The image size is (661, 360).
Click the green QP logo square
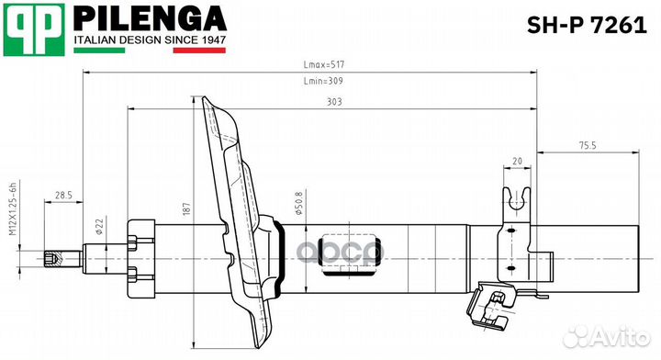click(34, 29)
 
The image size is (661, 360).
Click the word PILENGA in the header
click(150, 19)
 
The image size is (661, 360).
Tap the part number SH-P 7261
click(587, 26)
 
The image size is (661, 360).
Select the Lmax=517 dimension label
click(324, 64)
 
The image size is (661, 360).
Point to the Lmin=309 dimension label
click(323, 81)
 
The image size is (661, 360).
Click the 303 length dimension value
click(334, 102)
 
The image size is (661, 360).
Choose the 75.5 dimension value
click(588, 145)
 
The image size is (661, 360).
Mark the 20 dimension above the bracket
click(517, 161)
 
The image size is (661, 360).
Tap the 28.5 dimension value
click(63, 196)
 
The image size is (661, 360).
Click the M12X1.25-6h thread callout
click(13, 209)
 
